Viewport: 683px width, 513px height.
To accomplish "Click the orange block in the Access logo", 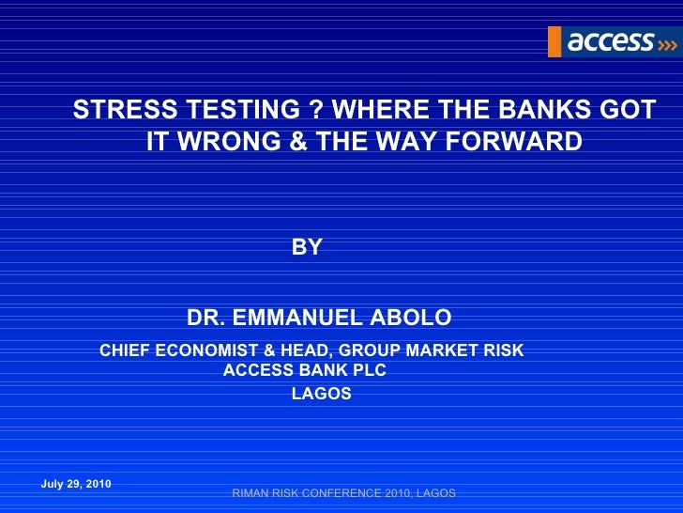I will point(554,41).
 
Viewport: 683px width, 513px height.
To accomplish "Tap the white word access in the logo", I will point(611,40).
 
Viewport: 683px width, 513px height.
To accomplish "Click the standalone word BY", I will point(307,248).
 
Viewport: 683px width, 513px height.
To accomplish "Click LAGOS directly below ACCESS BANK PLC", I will point(322,395).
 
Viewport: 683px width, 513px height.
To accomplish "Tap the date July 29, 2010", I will point(77,484).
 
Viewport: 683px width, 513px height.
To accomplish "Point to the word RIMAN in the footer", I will point(250,493).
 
